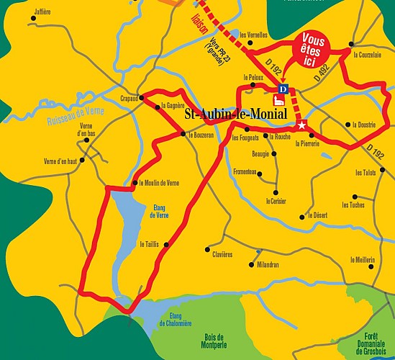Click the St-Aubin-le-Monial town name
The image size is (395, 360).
tap(235, 114)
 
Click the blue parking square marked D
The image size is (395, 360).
tap(283, 89)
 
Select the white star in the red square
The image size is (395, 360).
tap(302, 125)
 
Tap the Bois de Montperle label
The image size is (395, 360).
tap(215, 341)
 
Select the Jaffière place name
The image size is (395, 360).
tap(42, 12)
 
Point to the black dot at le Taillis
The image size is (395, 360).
tap(168, 245)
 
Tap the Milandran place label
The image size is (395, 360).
tap(268, 265)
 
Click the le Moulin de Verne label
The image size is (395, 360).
tap(159, 182)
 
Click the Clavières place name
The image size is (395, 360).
tap(222, 254)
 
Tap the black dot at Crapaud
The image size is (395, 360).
tap(141, 97)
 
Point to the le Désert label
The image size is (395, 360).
tap(317, 215)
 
